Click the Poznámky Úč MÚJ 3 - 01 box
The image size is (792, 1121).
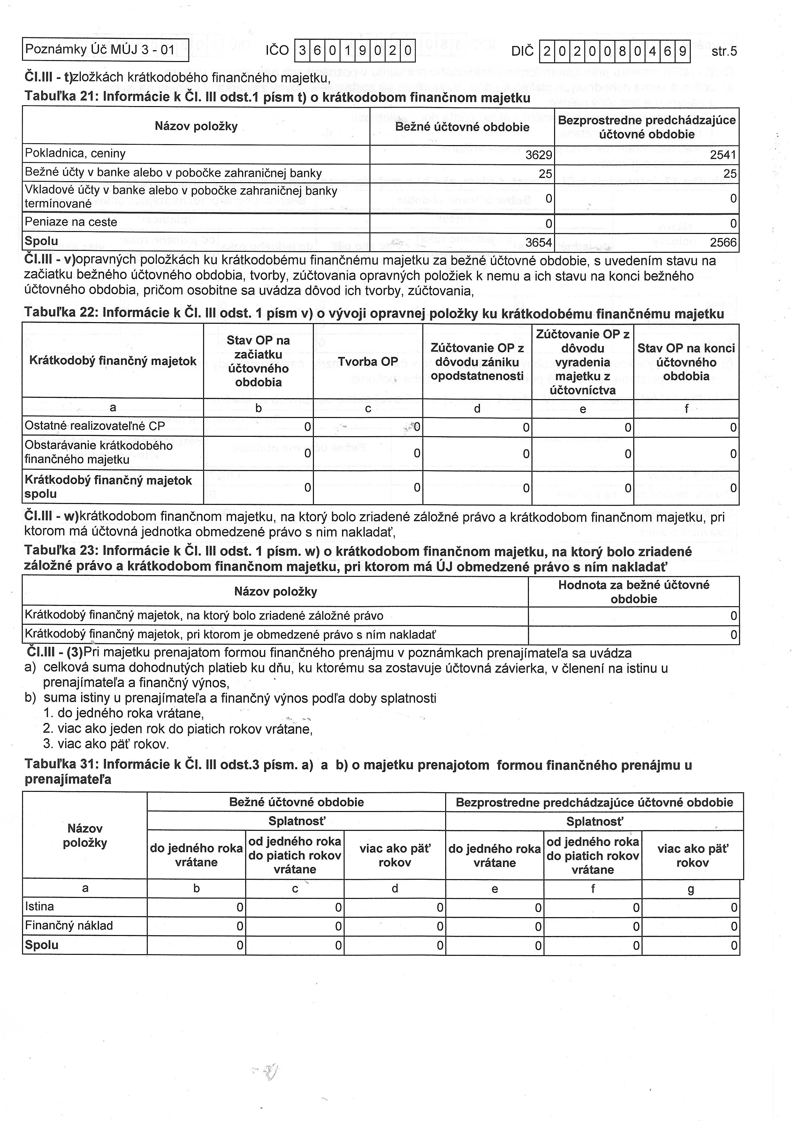click(x=105, y=50)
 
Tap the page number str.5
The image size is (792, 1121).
click(x=724, y=51)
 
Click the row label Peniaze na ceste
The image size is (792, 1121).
click(x=71, y=222)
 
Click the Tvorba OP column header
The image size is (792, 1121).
click(x=368, y=362)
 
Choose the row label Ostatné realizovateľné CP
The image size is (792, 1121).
click(x=95, y=426)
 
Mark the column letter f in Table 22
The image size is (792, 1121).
click(x=686, y=409)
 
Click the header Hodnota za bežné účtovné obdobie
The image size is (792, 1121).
click(x=633, y=592)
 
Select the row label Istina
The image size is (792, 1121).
click(x=40, y=907)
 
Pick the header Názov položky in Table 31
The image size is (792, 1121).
click(x=85, y=835)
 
